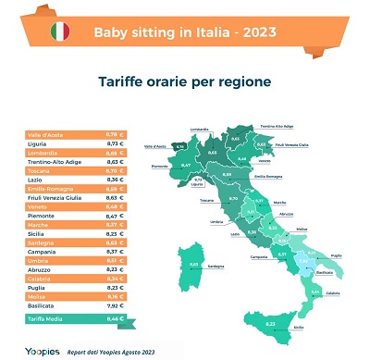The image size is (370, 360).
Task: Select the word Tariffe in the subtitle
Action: [x=126, y=81]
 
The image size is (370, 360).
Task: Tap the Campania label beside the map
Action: [x=246, y=256]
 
